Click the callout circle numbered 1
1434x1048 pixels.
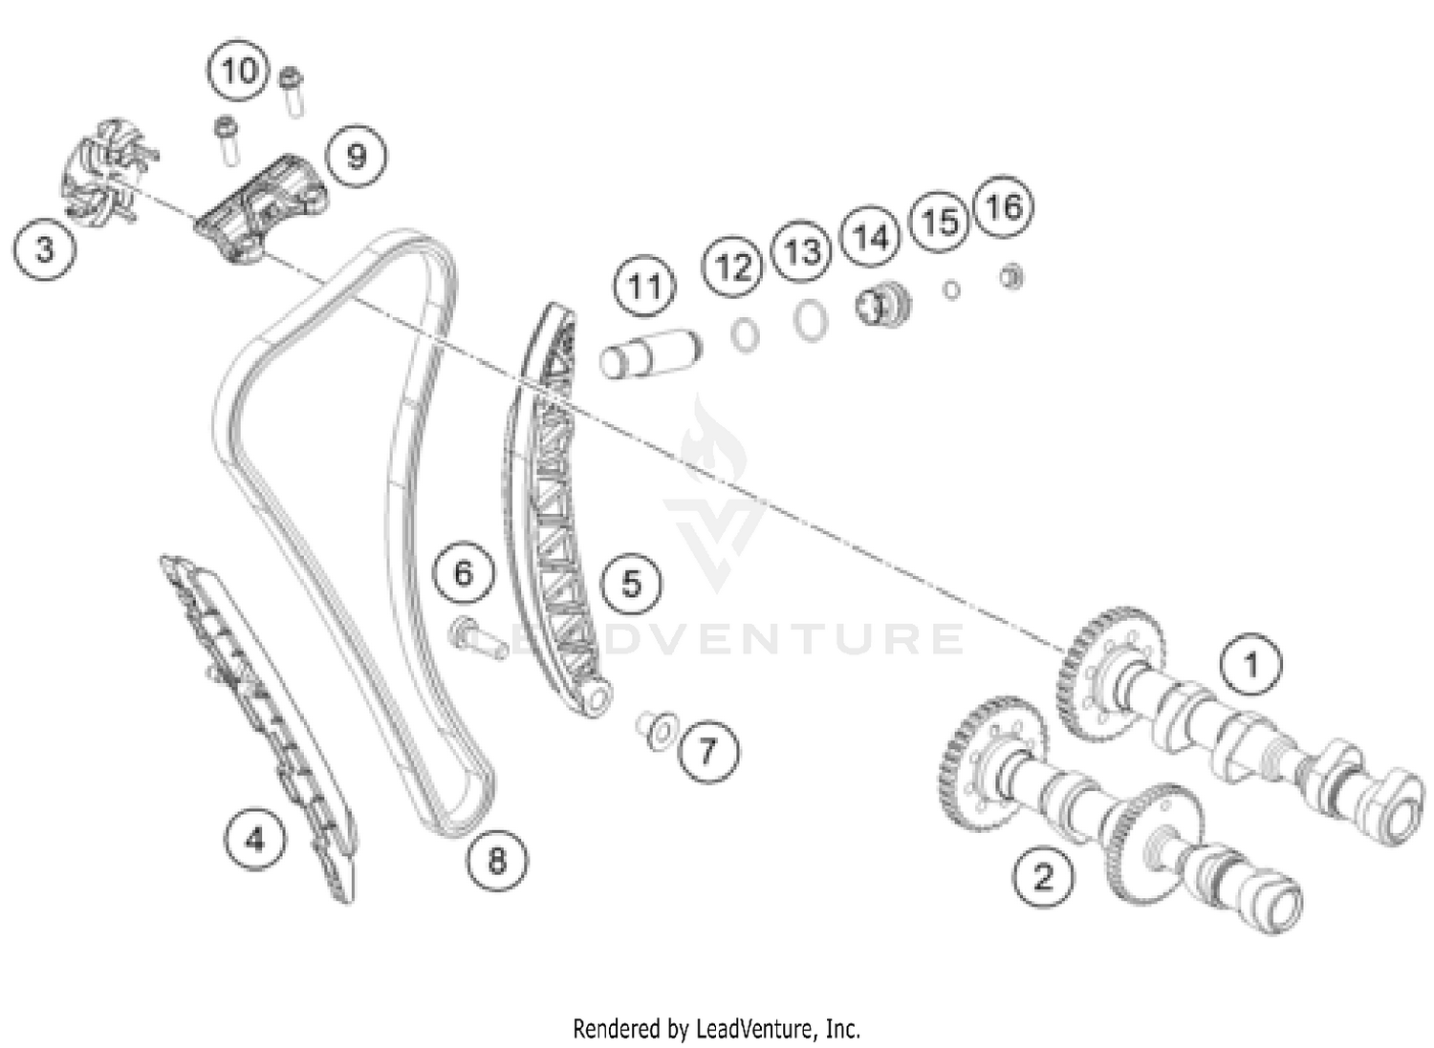coord(1250,665)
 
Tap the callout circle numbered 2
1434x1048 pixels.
coord(1043,876)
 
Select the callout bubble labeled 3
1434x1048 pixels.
coord(44,249)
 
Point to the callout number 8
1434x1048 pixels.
coord(497,861)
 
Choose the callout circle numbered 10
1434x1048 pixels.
coord(238,70)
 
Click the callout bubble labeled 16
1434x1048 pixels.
coord(1003,206)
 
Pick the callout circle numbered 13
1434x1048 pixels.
coord(801,251)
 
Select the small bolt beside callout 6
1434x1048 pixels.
coord(478,640)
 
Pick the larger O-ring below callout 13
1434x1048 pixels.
coord(811,320)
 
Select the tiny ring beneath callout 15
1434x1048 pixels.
coord(951,290)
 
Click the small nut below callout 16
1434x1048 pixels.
coord(1010,277)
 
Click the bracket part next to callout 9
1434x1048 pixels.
coord(263,208)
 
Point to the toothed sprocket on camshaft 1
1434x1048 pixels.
coord(1103,671)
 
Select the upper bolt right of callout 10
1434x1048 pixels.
coord(292,91)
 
